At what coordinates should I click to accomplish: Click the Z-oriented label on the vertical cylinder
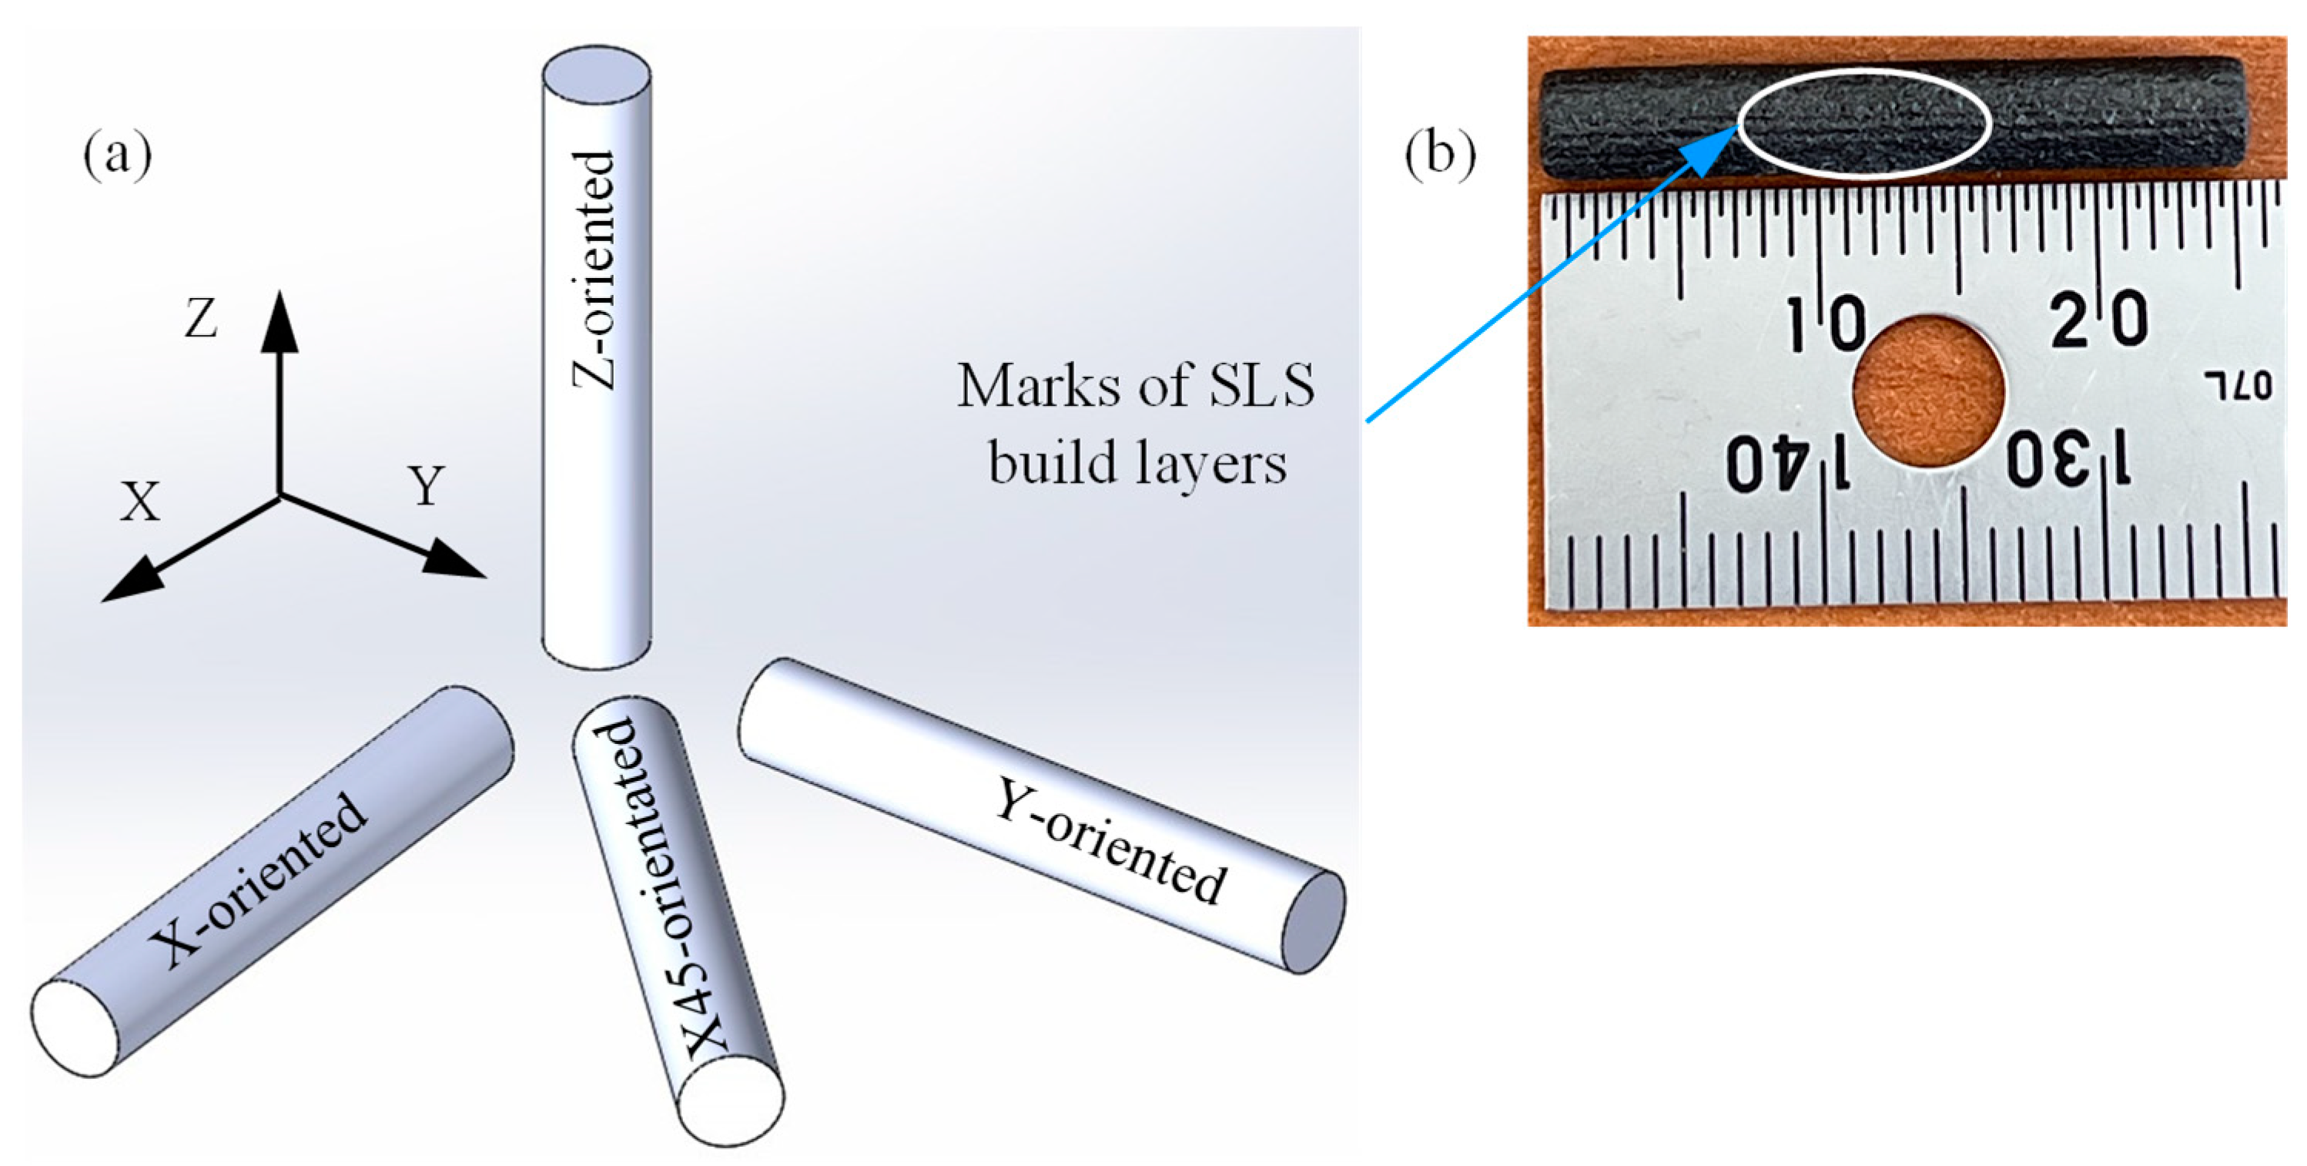click(594, 270)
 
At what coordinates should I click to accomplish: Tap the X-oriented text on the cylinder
click(258, 882)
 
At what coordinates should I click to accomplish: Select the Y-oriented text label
click(1110, 840)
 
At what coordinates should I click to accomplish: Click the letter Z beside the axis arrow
click(201, 319)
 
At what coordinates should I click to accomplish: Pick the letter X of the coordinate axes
click(141, 502)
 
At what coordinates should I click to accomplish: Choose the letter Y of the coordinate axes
click(427, 486)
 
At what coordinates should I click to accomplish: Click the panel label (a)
click(117, 156)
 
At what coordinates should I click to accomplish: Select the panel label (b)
click(1439, 156)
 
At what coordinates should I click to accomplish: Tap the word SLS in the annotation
click(1262, 386)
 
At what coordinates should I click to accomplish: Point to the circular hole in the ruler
click(1929, 390)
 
